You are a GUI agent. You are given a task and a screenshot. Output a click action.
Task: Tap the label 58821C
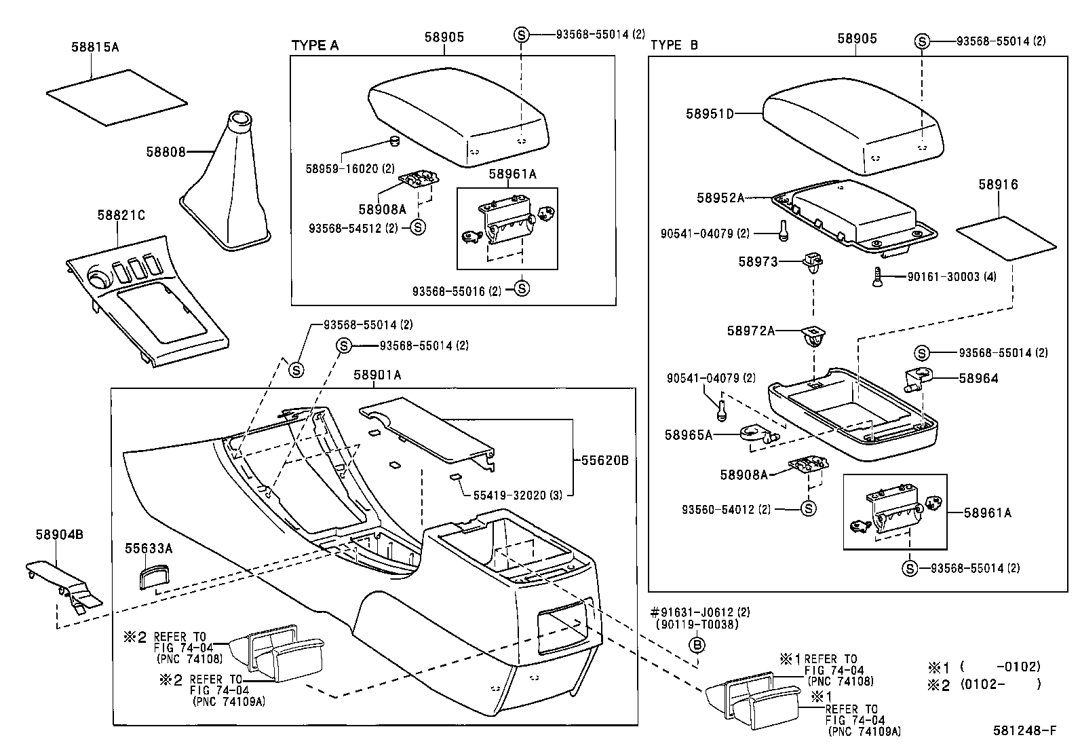(121, 215)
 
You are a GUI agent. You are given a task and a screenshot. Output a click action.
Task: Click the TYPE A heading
(315, 45)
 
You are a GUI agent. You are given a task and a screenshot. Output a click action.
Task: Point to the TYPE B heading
(674, 45)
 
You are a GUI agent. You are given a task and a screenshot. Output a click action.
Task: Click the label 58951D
(710, 114)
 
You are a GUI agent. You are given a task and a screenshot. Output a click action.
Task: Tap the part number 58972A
(750, 331)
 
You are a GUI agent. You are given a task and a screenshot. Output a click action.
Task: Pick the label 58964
(978, 378)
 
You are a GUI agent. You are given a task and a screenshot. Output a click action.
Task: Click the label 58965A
(689, 435)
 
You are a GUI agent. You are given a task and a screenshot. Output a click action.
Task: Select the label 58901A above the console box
(377, 375)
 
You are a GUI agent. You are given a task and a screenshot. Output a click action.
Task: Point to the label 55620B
(604, 460)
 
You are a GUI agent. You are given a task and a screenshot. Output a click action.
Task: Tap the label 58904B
(60, 534)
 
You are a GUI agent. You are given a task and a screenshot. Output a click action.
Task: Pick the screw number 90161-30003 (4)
(952, 277)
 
